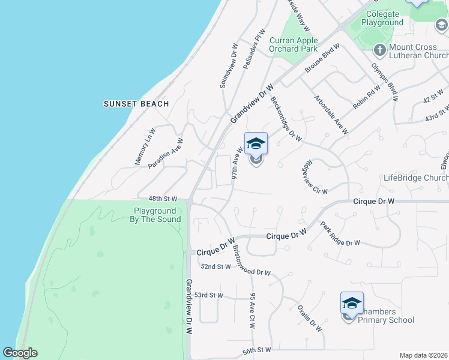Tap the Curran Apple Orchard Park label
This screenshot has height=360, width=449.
pyautogui.click(x=294, y=45)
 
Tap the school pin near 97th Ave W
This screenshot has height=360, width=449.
pyautogui.click(x=256, y=145)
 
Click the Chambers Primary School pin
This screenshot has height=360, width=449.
pyautogui.click(x=352, y=304)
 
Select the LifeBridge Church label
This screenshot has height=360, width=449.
pyautogui.click(x=416, y=178)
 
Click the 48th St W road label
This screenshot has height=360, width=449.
pyautogui.click(x=163, y=199)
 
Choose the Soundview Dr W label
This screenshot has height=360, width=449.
pyautogui.click(x=228, y=66)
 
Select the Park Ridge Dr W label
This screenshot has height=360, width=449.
pyautogui.click(x=340, y=235)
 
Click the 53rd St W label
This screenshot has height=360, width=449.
pyautogui.click(x=208, y=295)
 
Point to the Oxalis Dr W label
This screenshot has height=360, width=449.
pyautogui.click(x=310, y=318)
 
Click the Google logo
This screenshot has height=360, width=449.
pyautogui.click(x=20, y=353)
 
